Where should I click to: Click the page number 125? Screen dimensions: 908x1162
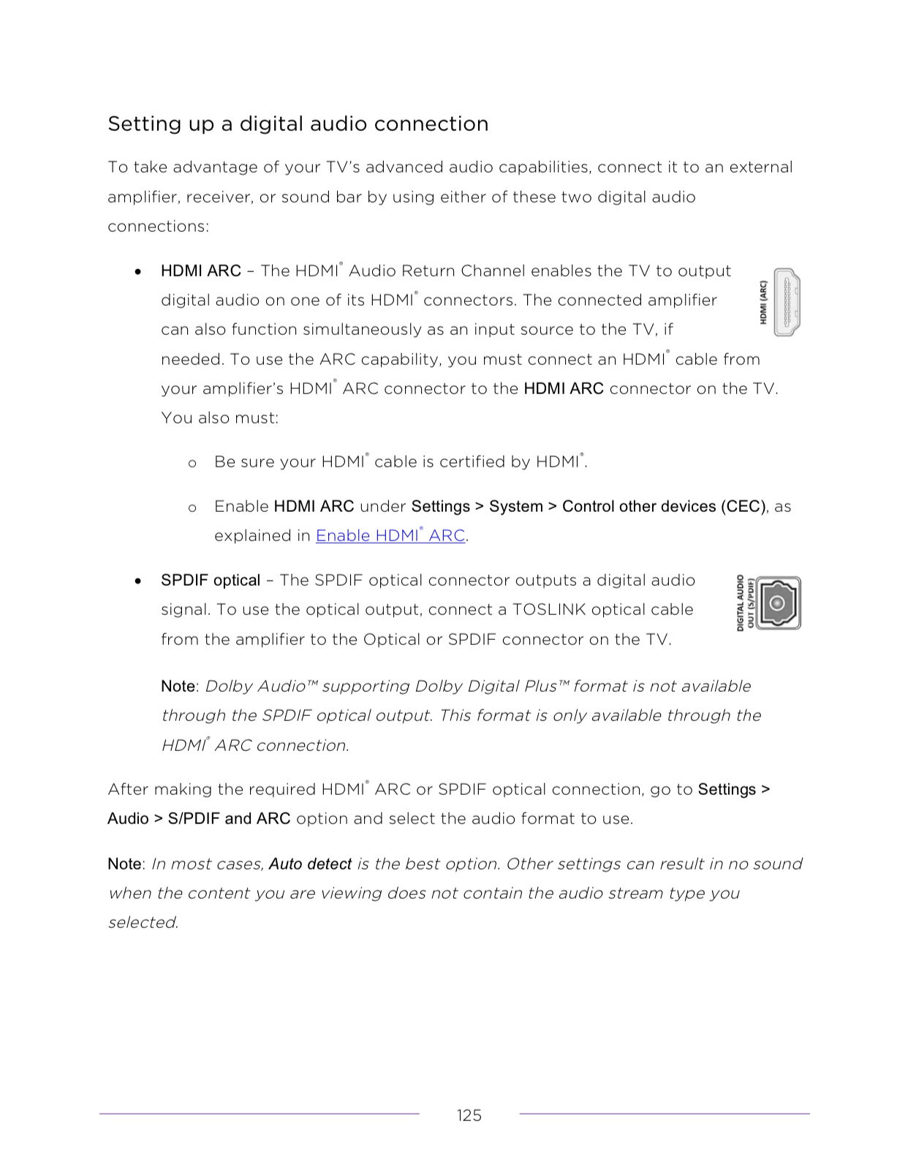click(x=469, y=1115)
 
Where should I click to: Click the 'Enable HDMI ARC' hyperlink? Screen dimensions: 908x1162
click(x=390, y=535)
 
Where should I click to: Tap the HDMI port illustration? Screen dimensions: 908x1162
click(x=787, y=302)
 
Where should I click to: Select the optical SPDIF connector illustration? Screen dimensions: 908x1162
click(x=778, y=603)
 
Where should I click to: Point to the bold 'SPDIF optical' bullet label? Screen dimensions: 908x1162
click(x=211, y=580)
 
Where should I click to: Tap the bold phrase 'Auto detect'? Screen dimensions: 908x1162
click(x=310, y=864)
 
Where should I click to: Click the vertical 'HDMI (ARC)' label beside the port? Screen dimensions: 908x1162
click(x=763, y=302)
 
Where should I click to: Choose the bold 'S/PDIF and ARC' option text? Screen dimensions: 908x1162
click(x=229, y=819)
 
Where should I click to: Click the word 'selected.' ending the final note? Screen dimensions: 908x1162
click(x=143, y=922)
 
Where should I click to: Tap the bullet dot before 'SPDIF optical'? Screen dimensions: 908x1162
click(x=138, y=581)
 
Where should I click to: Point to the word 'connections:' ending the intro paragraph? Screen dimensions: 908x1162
click(x=158, y=227)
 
